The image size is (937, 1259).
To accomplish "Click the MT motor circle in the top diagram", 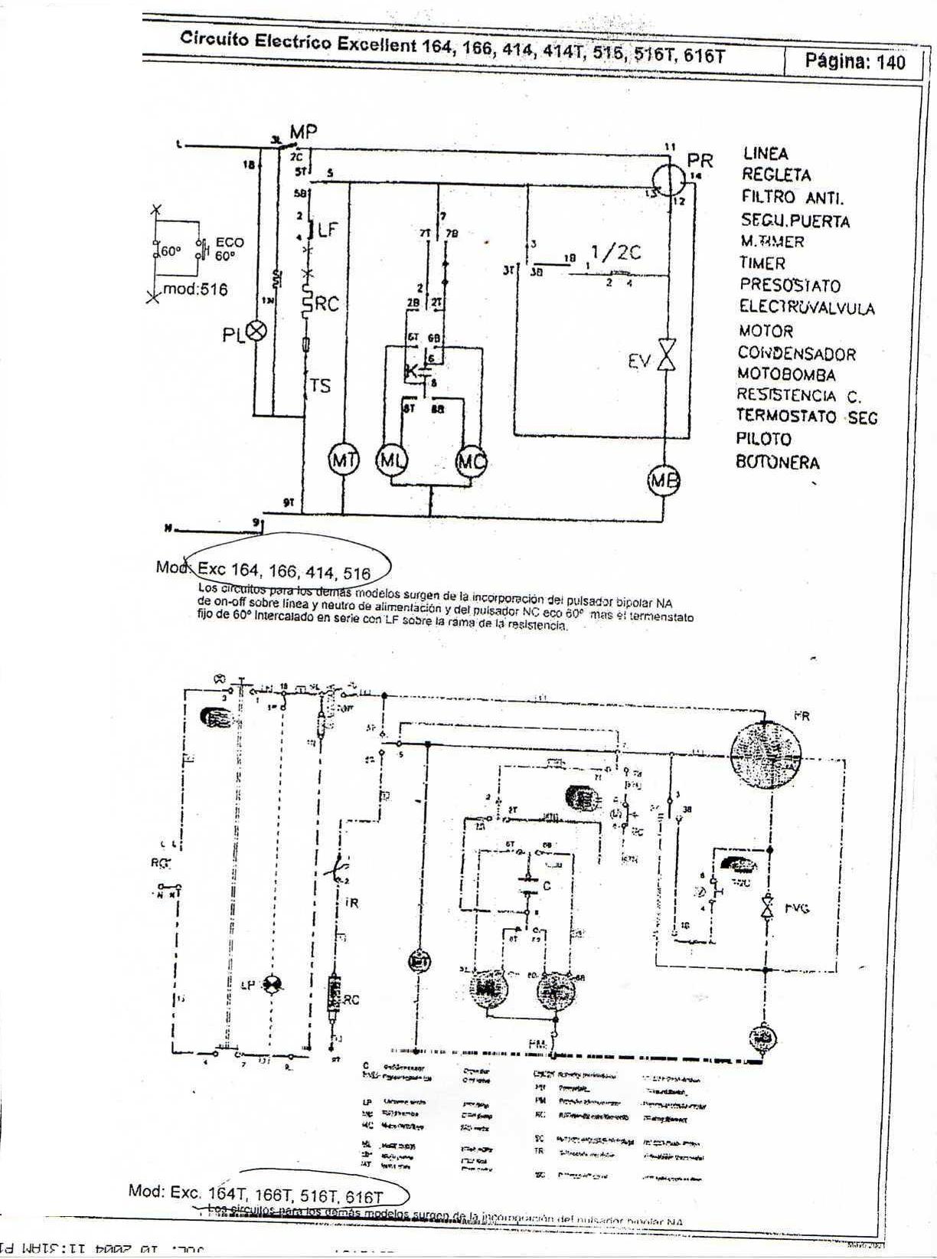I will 344,460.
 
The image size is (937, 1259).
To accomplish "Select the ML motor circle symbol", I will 391,461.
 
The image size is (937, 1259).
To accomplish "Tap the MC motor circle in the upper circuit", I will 471,462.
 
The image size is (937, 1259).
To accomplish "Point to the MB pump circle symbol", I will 664,481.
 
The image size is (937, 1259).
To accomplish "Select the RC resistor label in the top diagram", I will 326,304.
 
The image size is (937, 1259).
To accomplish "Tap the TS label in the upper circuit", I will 320,386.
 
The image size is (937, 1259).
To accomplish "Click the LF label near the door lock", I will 327,228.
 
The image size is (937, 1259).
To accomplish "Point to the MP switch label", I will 303,132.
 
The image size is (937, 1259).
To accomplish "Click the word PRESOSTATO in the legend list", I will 789,286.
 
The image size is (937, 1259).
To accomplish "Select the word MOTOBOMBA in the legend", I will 786,374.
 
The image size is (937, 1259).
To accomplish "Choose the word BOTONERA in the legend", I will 778,463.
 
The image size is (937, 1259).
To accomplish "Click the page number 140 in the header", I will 891,62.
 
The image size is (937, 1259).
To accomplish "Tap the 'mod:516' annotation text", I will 194,289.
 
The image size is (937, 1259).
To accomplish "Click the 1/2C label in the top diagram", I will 615,253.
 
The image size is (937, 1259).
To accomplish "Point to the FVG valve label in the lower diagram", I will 797,908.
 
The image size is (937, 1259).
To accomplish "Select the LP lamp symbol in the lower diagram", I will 271,985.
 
